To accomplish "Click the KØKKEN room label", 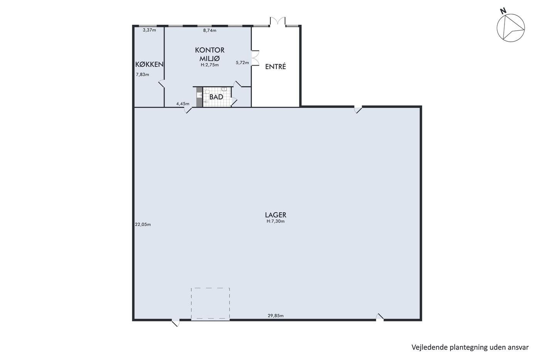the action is (x=150, y=64).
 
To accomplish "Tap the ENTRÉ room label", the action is (x=275, y=66).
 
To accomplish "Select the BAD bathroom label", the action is (x=216, y=97).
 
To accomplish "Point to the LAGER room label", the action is (x=275, y=215).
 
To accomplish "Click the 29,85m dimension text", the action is (x=275, y=316).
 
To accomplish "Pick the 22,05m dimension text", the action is (x=143, y=225).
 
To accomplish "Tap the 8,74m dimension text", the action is (x=210, y=30).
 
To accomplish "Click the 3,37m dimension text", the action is (x=150, y=30).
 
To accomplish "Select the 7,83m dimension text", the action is (x=142, y=74).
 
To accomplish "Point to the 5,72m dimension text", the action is (x=242, y=63).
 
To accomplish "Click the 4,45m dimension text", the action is (x=183, y=104).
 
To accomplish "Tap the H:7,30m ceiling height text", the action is (x=275, y=221).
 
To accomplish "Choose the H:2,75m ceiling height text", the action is (x=210, y=65).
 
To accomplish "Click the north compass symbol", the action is (x=511, y=27).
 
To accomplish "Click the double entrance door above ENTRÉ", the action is (x=278, y=21).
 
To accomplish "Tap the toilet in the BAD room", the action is (x=206, y=91).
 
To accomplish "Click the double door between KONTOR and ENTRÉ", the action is (x=255, y=58).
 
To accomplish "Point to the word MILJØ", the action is (x=210, y=58).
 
